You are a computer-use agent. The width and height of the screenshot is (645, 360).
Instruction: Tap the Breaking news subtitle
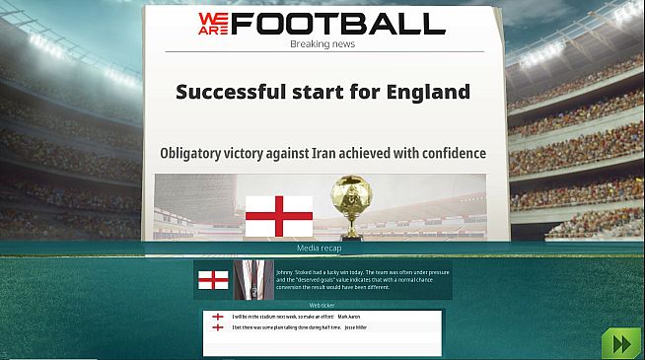322,44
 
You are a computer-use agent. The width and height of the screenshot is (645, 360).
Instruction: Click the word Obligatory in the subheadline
199,153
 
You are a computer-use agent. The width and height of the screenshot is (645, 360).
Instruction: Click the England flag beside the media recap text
213,280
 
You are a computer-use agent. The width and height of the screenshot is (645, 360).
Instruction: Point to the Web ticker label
322,306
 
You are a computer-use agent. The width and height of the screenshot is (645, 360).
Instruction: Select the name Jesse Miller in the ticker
354,327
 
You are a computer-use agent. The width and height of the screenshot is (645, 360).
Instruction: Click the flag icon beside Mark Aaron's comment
217,317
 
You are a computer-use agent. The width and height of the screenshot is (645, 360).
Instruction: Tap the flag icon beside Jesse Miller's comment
217,327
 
